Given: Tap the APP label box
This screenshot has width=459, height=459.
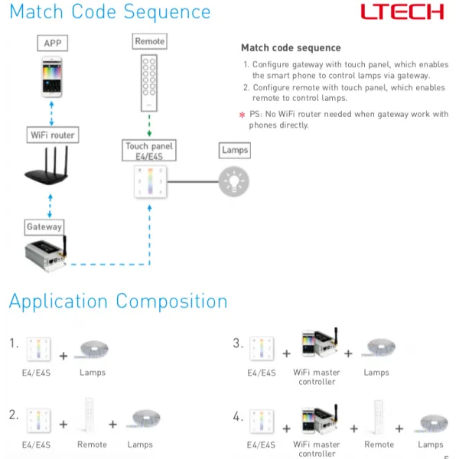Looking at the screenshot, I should pos(52,43).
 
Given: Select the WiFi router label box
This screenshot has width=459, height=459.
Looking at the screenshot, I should pos(51,135).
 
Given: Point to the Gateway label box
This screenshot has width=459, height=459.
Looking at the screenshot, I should pos(44,227).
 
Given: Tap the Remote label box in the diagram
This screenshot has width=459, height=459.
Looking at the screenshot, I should pos(149,41).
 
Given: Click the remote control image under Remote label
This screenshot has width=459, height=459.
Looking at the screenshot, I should pos(149,81).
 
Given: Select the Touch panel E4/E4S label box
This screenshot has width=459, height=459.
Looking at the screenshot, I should pos(149,151).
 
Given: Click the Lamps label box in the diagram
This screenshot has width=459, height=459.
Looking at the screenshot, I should pos(234,150).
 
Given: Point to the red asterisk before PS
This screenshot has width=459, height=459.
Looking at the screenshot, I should pos(243,115).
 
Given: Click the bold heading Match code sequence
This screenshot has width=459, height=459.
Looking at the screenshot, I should pos(280,47).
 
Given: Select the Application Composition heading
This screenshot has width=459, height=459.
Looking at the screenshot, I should pos(118,301).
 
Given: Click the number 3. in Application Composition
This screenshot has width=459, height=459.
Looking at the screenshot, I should pos(238,343).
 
